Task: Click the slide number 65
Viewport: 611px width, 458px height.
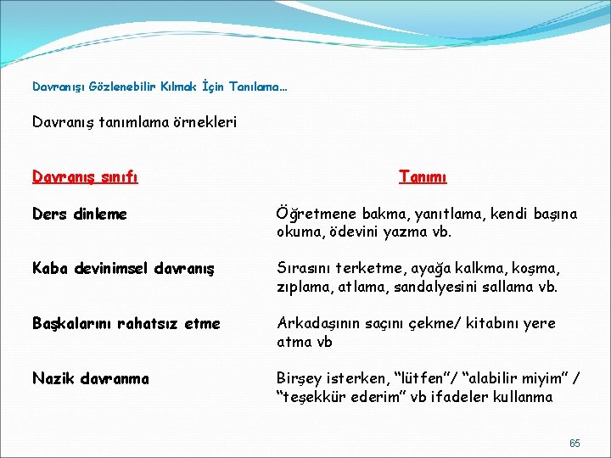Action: (x=575, y=444)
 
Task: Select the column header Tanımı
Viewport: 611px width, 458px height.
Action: (x=423, y=177)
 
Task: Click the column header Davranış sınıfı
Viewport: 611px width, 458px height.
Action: (x=85, y=177)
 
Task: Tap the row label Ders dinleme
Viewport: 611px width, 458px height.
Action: (x=80, y=215)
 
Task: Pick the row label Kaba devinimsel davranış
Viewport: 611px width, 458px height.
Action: (x=124, y=269)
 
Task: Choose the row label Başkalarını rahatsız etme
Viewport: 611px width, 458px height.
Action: (x=126, y=323)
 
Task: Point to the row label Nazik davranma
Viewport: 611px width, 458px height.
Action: (x=90, y=378)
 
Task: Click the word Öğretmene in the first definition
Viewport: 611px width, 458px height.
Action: (x=313, y=215)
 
